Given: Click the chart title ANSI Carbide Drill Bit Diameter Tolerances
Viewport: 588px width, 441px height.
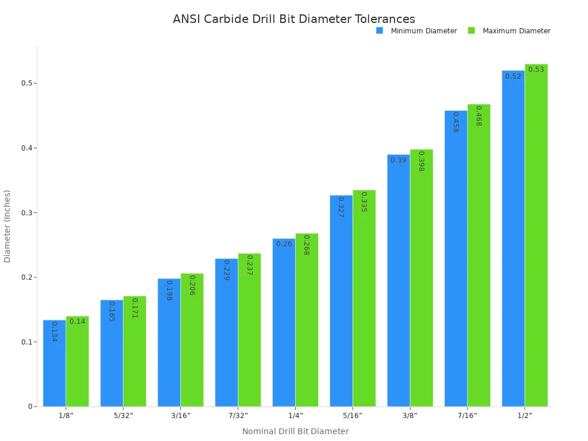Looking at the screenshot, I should point(294,20).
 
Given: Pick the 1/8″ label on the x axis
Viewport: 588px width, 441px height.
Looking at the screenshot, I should point(66,415).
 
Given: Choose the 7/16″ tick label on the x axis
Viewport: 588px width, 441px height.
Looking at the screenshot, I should point(467,415).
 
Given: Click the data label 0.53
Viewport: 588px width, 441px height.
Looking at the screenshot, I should point(536,69).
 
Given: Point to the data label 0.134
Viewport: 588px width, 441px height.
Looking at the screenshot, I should point(55,331).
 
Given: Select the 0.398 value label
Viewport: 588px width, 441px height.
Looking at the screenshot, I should point(421,161).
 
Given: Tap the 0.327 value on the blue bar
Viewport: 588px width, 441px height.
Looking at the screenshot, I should point(341,207).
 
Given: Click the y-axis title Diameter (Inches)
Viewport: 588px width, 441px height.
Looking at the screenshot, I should point(7,226).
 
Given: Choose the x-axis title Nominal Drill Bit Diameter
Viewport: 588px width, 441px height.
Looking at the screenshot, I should point(295,431).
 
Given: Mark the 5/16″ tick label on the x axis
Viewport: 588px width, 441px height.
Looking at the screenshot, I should point(353,415).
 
